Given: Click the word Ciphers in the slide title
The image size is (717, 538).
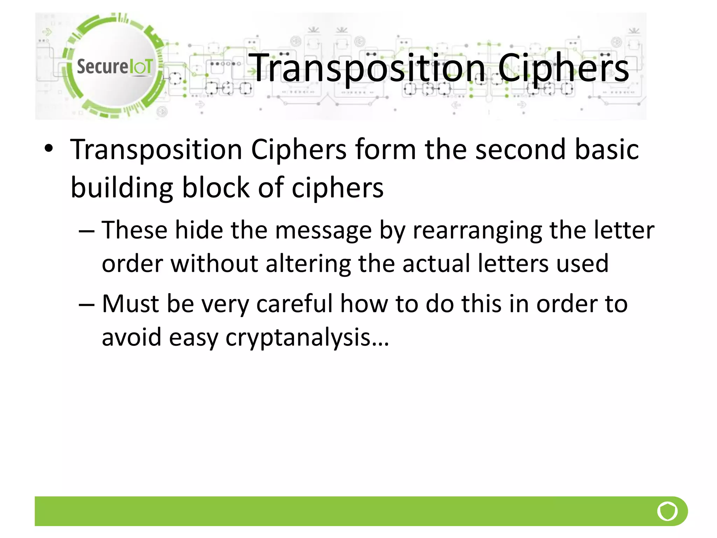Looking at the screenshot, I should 563,68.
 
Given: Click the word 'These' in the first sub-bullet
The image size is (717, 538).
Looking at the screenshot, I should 134,230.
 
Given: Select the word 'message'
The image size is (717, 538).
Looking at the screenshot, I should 323,231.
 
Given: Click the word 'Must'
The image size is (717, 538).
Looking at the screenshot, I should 131,303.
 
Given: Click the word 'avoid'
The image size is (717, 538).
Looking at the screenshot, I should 131,337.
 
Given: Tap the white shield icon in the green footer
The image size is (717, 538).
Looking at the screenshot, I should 667,511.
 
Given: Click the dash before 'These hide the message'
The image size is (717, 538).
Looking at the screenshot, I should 86,231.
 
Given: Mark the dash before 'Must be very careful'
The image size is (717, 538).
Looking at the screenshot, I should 86,304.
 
